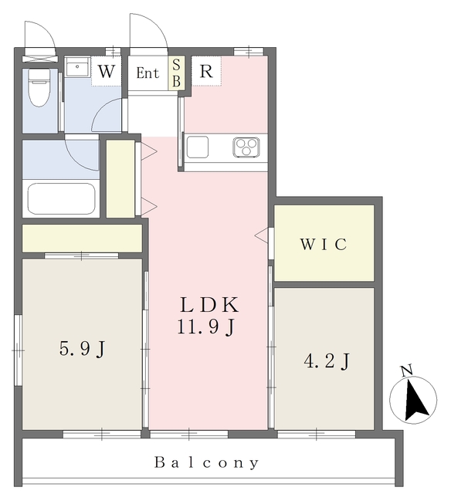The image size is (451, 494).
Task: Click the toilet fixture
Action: click(39, 87)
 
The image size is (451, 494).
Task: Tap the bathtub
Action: click(61, 198)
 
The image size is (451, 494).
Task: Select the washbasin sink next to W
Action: click(77, 67)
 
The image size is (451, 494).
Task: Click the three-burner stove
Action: click(246, 147)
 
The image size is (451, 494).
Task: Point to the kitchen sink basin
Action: click(198, 147)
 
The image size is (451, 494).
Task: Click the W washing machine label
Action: click(106, 72)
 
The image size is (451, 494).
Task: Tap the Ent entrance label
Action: click(148, 73)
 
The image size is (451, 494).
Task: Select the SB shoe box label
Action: click(177, 73)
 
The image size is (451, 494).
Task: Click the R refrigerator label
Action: click(206, 72)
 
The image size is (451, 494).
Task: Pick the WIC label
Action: click(324, 244)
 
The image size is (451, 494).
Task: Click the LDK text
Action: click(209, 305)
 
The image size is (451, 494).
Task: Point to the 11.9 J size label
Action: click(206, 327)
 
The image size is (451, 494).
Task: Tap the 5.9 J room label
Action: click(82, 349)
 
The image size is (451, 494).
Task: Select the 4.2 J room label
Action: click(327, 361)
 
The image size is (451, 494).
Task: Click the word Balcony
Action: click(207, 462)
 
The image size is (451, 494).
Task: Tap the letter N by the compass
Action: click(407, 370)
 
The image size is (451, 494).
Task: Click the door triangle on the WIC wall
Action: click(261, 235)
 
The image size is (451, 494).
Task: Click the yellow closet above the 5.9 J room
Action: click(82, 239)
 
